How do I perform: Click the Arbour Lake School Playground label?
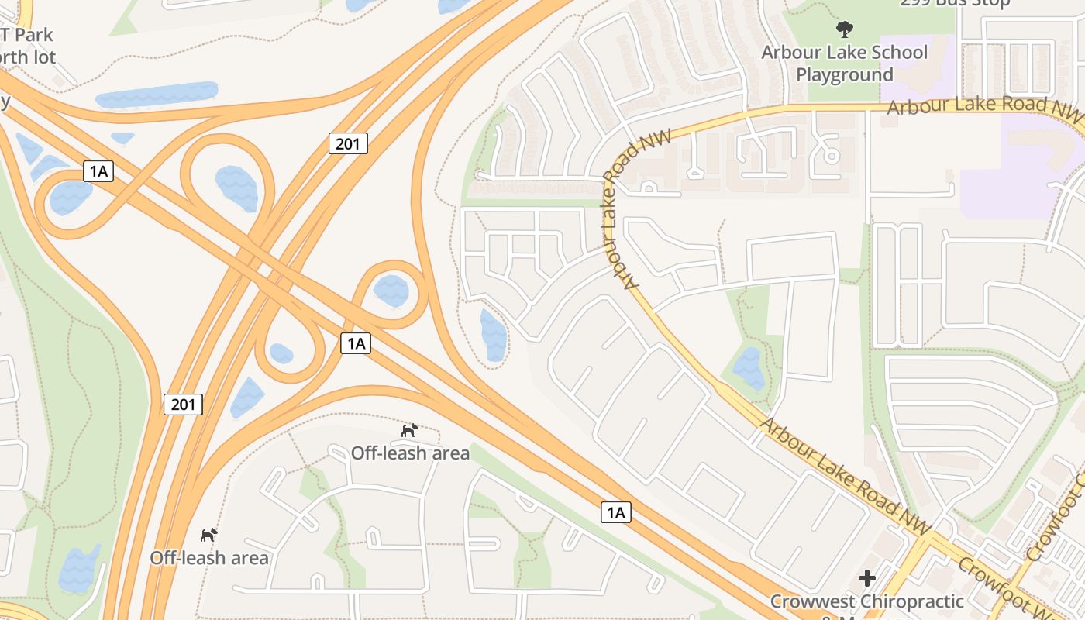pyautogui.click(x=844, y=64)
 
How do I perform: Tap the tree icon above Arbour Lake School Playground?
pyautogui.click(x=844, y=30)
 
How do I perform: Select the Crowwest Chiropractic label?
pyautogui.click(x=866, y=601)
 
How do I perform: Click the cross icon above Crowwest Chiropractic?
pyautogui.click(x=866, y=578)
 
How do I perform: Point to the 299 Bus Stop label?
pyautogui.click(x=955, y=3)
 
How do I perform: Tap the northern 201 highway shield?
pyautogui.click(x=348, y=143)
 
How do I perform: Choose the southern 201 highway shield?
pyautogui.click(x=183, y=404)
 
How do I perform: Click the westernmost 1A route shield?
pyautogui.click(x=98, y=171)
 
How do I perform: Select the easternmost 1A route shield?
pyautogui.click(x=615, y=512)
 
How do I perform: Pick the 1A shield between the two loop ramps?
pyautogui.click(x=356, y=343)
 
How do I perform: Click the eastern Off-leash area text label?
pyautogui.click(x=410, y=453)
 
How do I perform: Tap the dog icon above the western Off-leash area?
pyautogui.click(x=208, y=535)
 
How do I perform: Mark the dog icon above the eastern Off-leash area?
pyautogui.click(x=409, y=430)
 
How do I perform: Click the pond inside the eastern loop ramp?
pyautogui.click(x=391, y=291)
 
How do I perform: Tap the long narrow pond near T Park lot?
pyautogui.click(x=156, y=95)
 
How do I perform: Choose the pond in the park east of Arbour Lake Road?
pyautogui.click(x=749, y=368)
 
